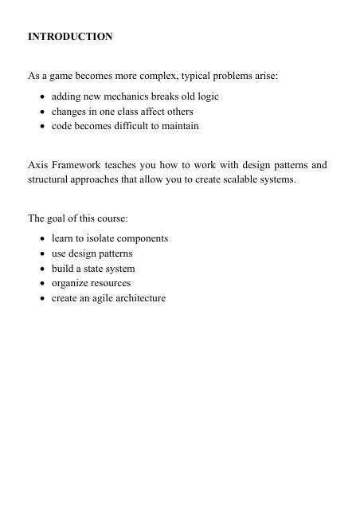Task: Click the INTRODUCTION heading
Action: click(70, 37)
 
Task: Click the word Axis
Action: click(38, 165)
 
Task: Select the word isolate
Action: click(101, 238)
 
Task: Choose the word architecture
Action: click(143, 298)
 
